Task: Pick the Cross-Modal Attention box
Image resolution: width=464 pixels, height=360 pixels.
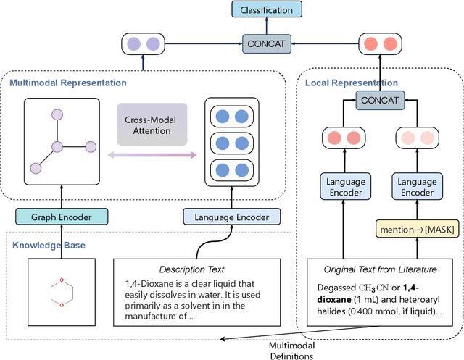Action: tap(152, 125)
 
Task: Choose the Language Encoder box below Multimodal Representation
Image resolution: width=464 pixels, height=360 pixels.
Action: tap(231, 216)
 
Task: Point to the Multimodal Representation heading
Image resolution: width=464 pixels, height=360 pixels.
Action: tap(67, 83)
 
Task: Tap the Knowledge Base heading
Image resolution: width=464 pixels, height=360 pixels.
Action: tap(49, 245)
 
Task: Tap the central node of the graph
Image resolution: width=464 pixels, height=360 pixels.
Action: tap(56, 148)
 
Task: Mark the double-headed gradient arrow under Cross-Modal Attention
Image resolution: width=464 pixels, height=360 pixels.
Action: tap(152, 155)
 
